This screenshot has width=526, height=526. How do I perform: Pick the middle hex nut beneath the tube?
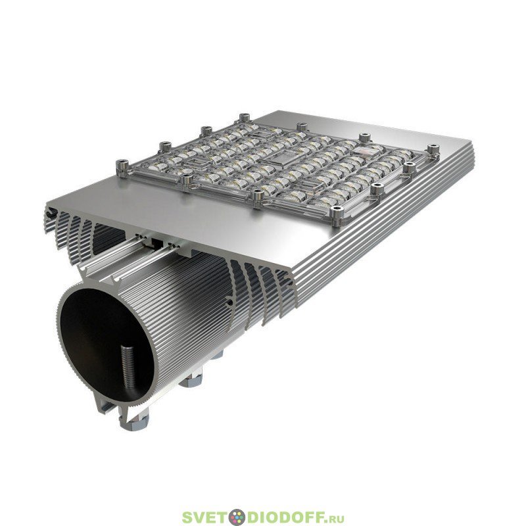pyautogui.click(x=190, y=382)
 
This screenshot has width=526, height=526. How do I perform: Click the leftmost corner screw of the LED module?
pyautogui.click(x=122, y=167)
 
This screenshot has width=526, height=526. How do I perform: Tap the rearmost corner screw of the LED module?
pyautogui.click(x=245, y=118)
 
